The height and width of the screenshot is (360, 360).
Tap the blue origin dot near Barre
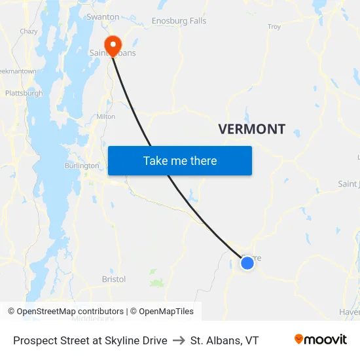[247, 263]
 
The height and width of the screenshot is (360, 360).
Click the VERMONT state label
[251, 129]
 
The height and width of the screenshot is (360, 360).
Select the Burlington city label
[81, 166]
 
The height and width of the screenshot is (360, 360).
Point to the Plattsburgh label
[24, 93]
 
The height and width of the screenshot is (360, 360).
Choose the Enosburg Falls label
[179, 21]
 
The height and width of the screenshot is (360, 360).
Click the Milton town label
[106, 117]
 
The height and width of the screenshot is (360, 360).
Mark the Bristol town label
[113, 279]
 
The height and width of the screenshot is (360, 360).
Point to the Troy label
[274, 27]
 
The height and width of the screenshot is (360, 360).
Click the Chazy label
[28, 31]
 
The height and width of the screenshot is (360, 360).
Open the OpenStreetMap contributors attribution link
[70, 312]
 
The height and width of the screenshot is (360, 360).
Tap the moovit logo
[321, 340]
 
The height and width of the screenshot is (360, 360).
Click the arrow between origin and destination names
[179, 340]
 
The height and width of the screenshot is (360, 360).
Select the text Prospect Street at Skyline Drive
[90, 340]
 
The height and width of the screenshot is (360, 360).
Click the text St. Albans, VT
[225, 340]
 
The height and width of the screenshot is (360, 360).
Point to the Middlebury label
[92, 319]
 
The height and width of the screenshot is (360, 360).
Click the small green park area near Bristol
[156, 283]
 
